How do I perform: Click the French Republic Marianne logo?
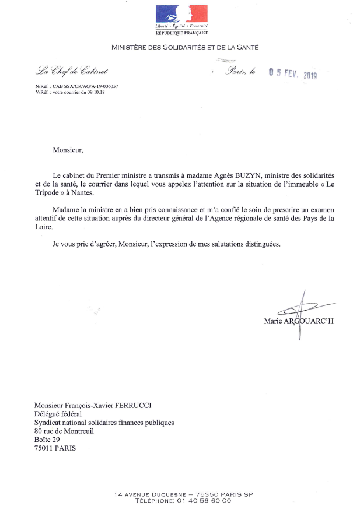(x=181, y=14)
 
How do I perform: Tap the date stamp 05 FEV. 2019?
(x=292, y=74)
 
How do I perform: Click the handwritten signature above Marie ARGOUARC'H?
(x=300, y=310)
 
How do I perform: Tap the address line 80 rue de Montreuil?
(x=64, y=431)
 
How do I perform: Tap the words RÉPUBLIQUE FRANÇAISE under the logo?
(x=181, y=33)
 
